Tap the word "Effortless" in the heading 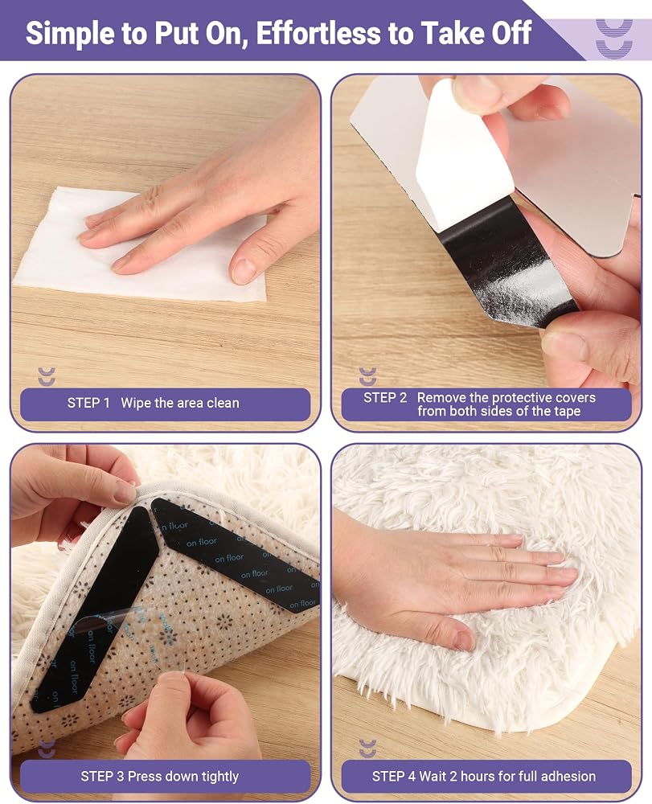click(318, 32)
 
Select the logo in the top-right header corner click(614, 39)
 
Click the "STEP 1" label click(88, 403)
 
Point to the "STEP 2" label click(385, 398)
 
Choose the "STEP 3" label click(102, 777)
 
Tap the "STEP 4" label click(394, 777)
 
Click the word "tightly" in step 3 click(220, 777)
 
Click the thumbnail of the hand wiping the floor click(166, 252)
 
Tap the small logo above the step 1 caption click(47, 376)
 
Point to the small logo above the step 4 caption click(367, 749)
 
